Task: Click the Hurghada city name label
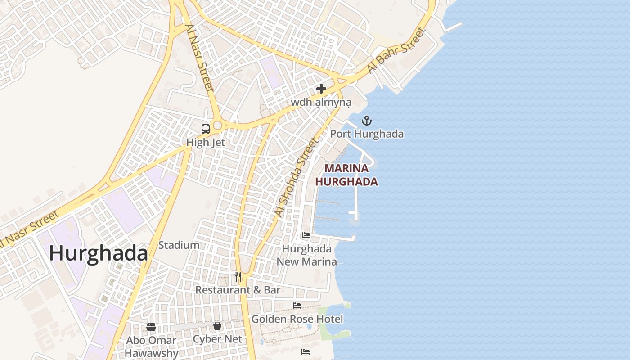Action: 98,253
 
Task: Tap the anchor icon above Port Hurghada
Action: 367,120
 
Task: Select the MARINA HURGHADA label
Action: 346,175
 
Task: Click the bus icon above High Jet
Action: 206,129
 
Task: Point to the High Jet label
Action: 206,143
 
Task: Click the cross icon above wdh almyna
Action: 321,89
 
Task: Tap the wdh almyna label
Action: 321,102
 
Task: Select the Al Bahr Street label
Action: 396,50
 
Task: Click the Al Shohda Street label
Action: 297,178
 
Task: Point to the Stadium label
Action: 179,245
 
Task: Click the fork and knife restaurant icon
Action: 238,276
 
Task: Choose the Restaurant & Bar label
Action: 238,290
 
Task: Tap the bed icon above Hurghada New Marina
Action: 306,235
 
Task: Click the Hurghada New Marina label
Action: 306,255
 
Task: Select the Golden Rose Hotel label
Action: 297,319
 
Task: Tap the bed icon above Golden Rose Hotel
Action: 297,305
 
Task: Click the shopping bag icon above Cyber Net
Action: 217,325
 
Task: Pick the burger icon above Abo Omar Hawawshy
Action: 151,327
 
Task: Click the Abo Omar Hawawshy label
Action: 151,347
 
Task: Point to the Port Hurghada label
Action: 367,134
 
